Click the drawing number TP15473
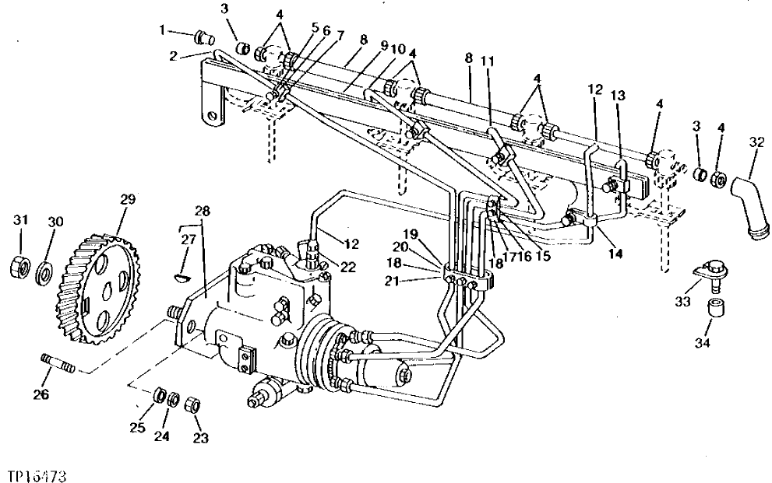point(38,472)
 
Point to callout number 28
point(203,212)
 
